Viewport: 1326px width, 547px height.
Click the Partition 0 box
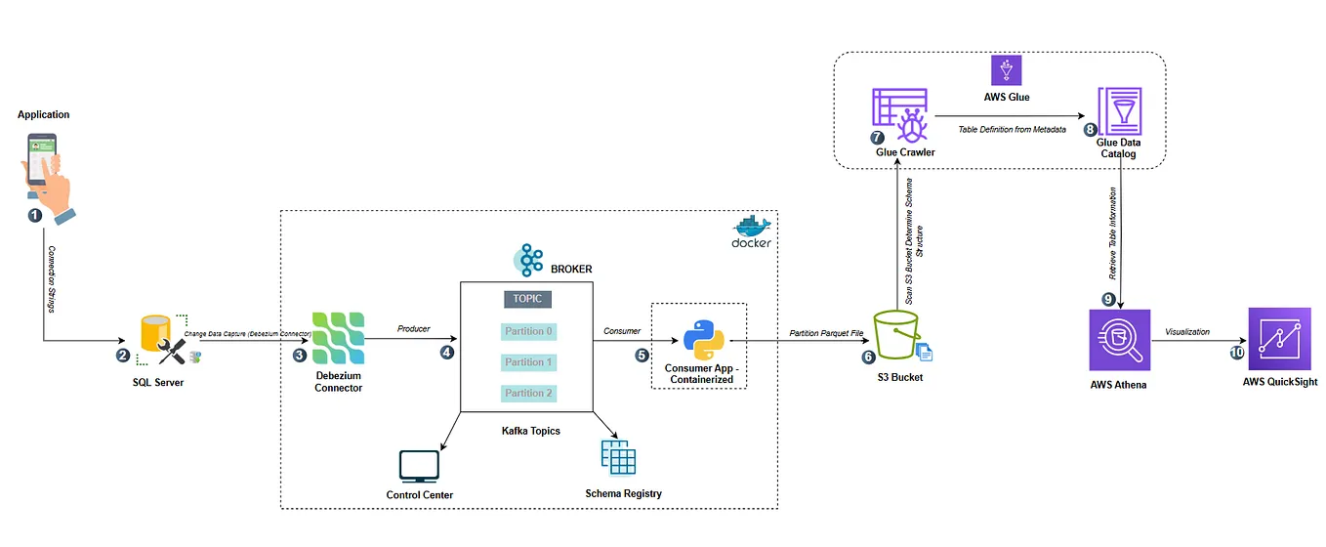point(528,331)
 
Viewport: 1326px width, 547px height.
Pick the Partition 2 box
point(528,393)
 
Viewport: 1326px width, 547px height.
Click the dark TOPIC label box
point(527,299)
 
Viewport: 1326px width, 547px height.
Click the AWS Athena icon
point(1119,340)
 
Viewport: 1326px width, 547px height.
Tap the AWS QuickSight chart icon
point(1279,339)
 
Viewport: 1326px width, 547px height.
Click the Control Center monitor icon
point(419,467)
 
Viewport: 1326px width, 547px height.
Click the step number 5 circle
point(642,356)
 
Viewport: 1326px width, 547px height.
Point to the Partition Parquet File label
point(826,333)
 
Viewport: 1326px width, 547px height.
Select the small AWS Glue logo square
point(1005,69)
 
